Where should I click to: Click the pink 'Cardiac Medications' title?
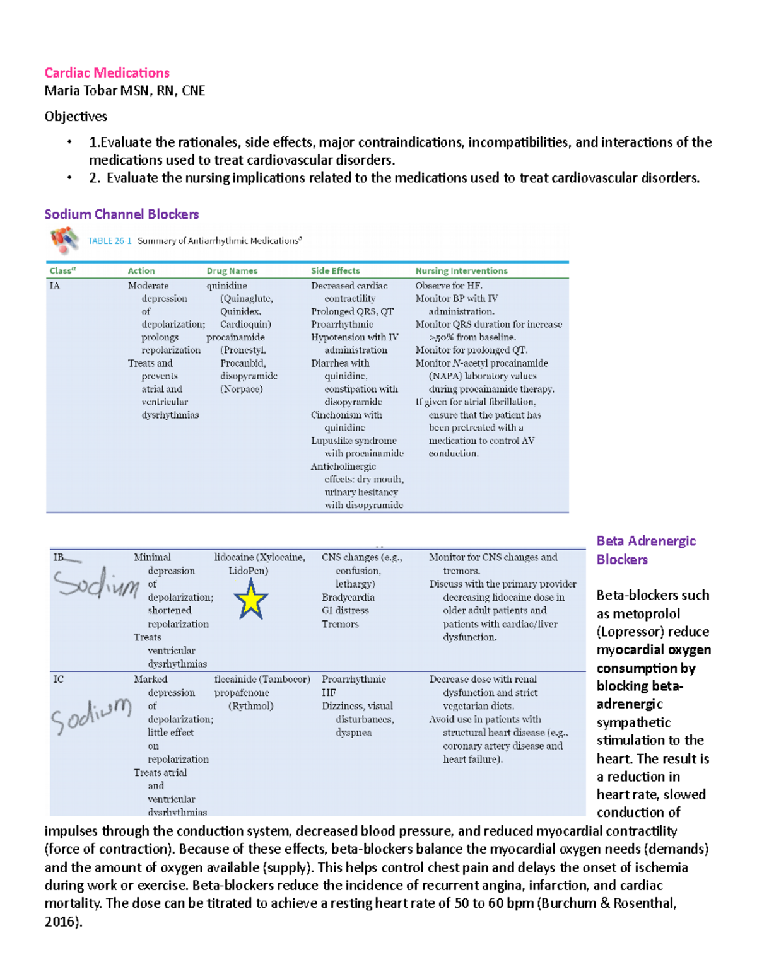point(107,72)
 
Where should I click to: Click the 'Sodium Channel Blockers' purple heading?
point(121,214)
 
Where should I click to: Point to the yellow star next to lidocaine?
point(250,600)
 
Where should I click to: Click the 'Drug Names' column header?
point(232,271)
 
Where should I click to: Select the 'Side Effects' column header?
point(335,271)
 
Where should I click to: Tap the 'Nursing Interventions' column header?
point(461,271)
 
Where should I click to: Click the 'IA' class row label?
point(55,286)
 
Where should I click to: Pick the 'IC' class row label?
point(58,679)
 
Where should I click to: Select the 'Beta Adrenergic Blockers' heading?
point(645,550)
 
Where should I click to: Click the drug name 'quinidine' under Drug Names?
point(226,286)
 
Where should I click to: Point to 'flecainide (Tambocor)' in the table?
point(262,679)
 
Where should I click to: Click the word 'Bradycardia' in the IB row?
point(348,597)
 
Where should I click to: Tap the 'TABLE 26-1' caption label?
point(110,241)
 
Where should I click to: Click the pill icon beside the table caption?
point(64,240)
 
